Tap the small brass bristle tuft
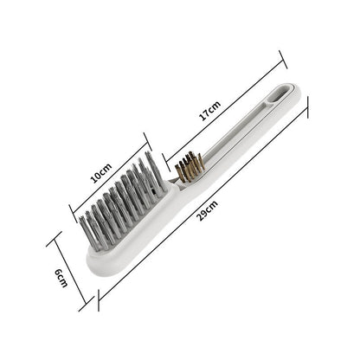coord(187,165)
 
